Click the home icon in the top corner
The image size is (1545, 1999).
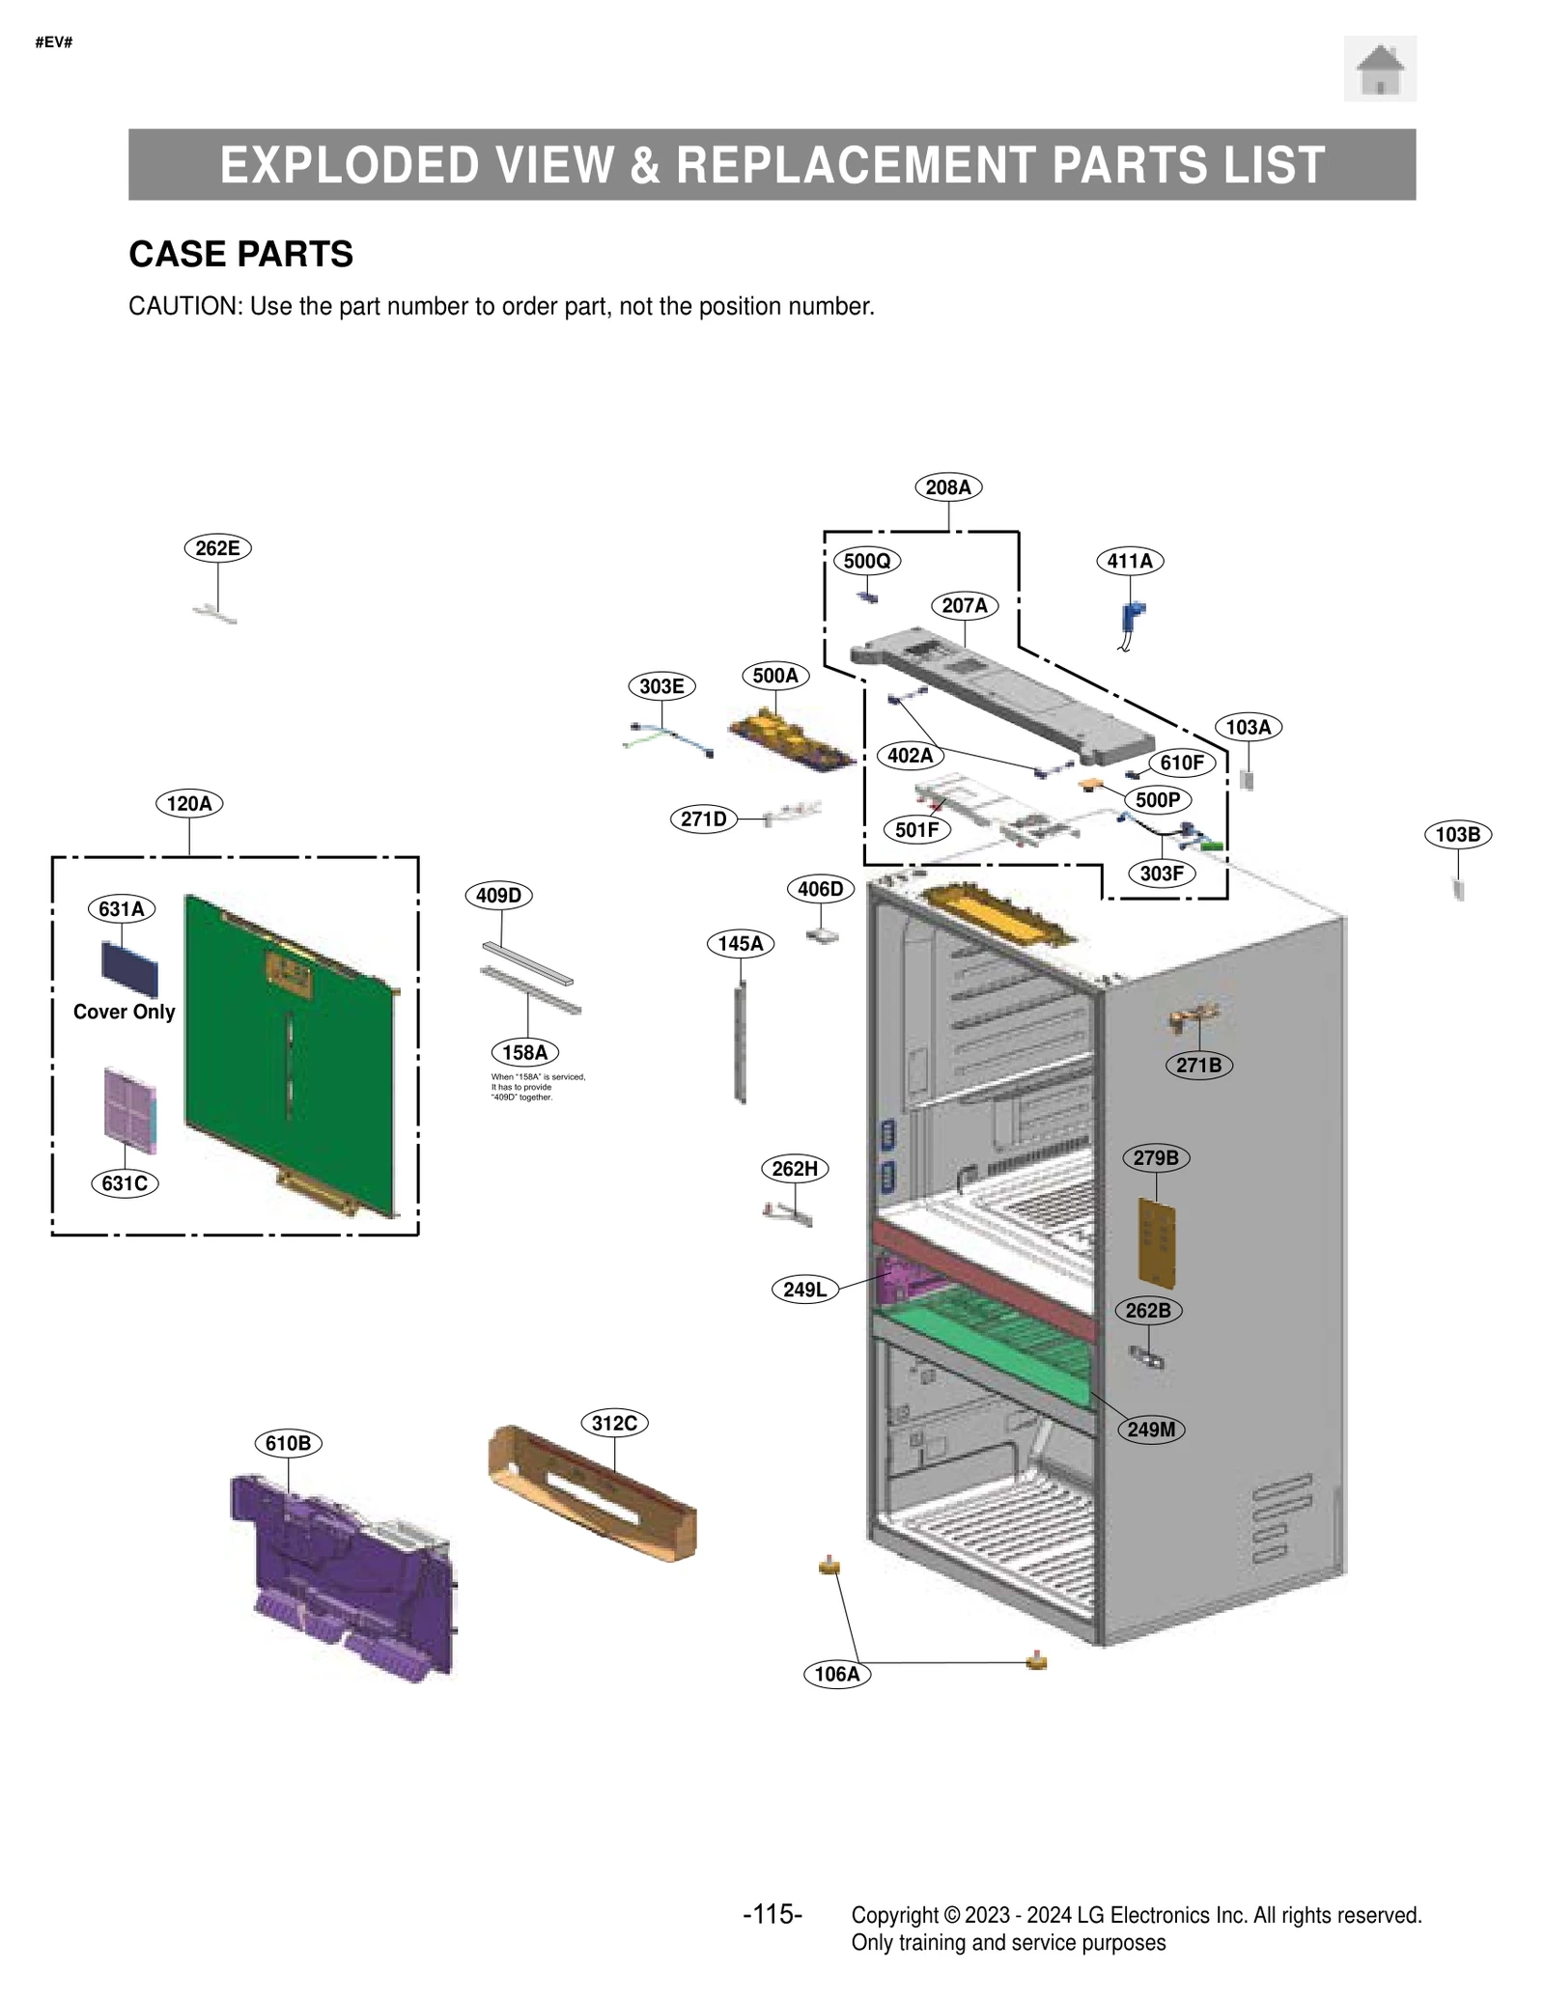tap(1379, 69)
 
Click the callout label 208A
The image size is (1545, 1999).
tap(947, 487)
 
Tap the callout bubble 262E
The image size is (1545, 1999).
tap(217, 548)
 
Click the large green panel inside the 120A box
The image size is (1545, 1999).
tap(290, 1052)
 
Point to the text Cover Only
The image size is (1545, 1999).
tap(124, 1012)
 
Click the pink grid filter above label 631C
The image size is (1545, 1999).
tap(129, 1109)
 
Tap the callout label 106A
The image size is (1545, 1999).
tap(836, 1674)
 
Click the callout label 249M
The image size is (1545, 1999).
tap(1150, 1430)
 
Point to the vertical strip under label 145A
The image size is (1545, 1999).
tap(741, 1042)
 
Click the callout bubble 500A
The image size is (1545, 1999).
tap(774, 676)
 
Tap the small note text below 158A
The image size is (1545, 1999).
tap(537, 1087)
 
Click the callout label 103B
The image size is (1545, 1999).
tap(1456, 834)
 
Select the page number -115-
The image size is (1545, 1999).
tap(772, 1914)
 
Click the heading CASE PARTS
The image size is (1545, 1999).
tap(240, 254)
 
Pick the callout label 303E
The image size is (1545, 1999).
tap(661, 686)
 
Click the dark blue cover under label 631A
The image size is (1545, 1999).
tap(129, 969)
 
